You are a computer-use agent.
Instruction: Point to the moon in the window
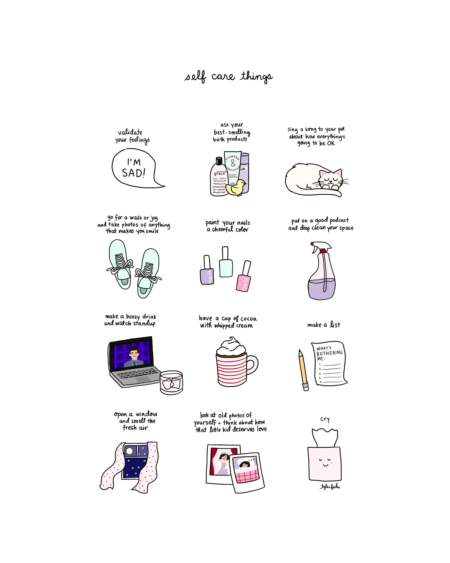pyautogui.click(x=129, y=451)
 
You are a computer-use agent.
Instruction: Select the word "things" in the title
pyautogui.click(x=256, y=77)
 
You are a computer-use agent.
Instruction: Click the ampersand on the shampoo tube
pyautogui.click(x=233, y=164)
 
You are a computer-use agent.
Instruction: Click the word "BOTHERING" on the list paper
pyautogui.click(x=329, y=353)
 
